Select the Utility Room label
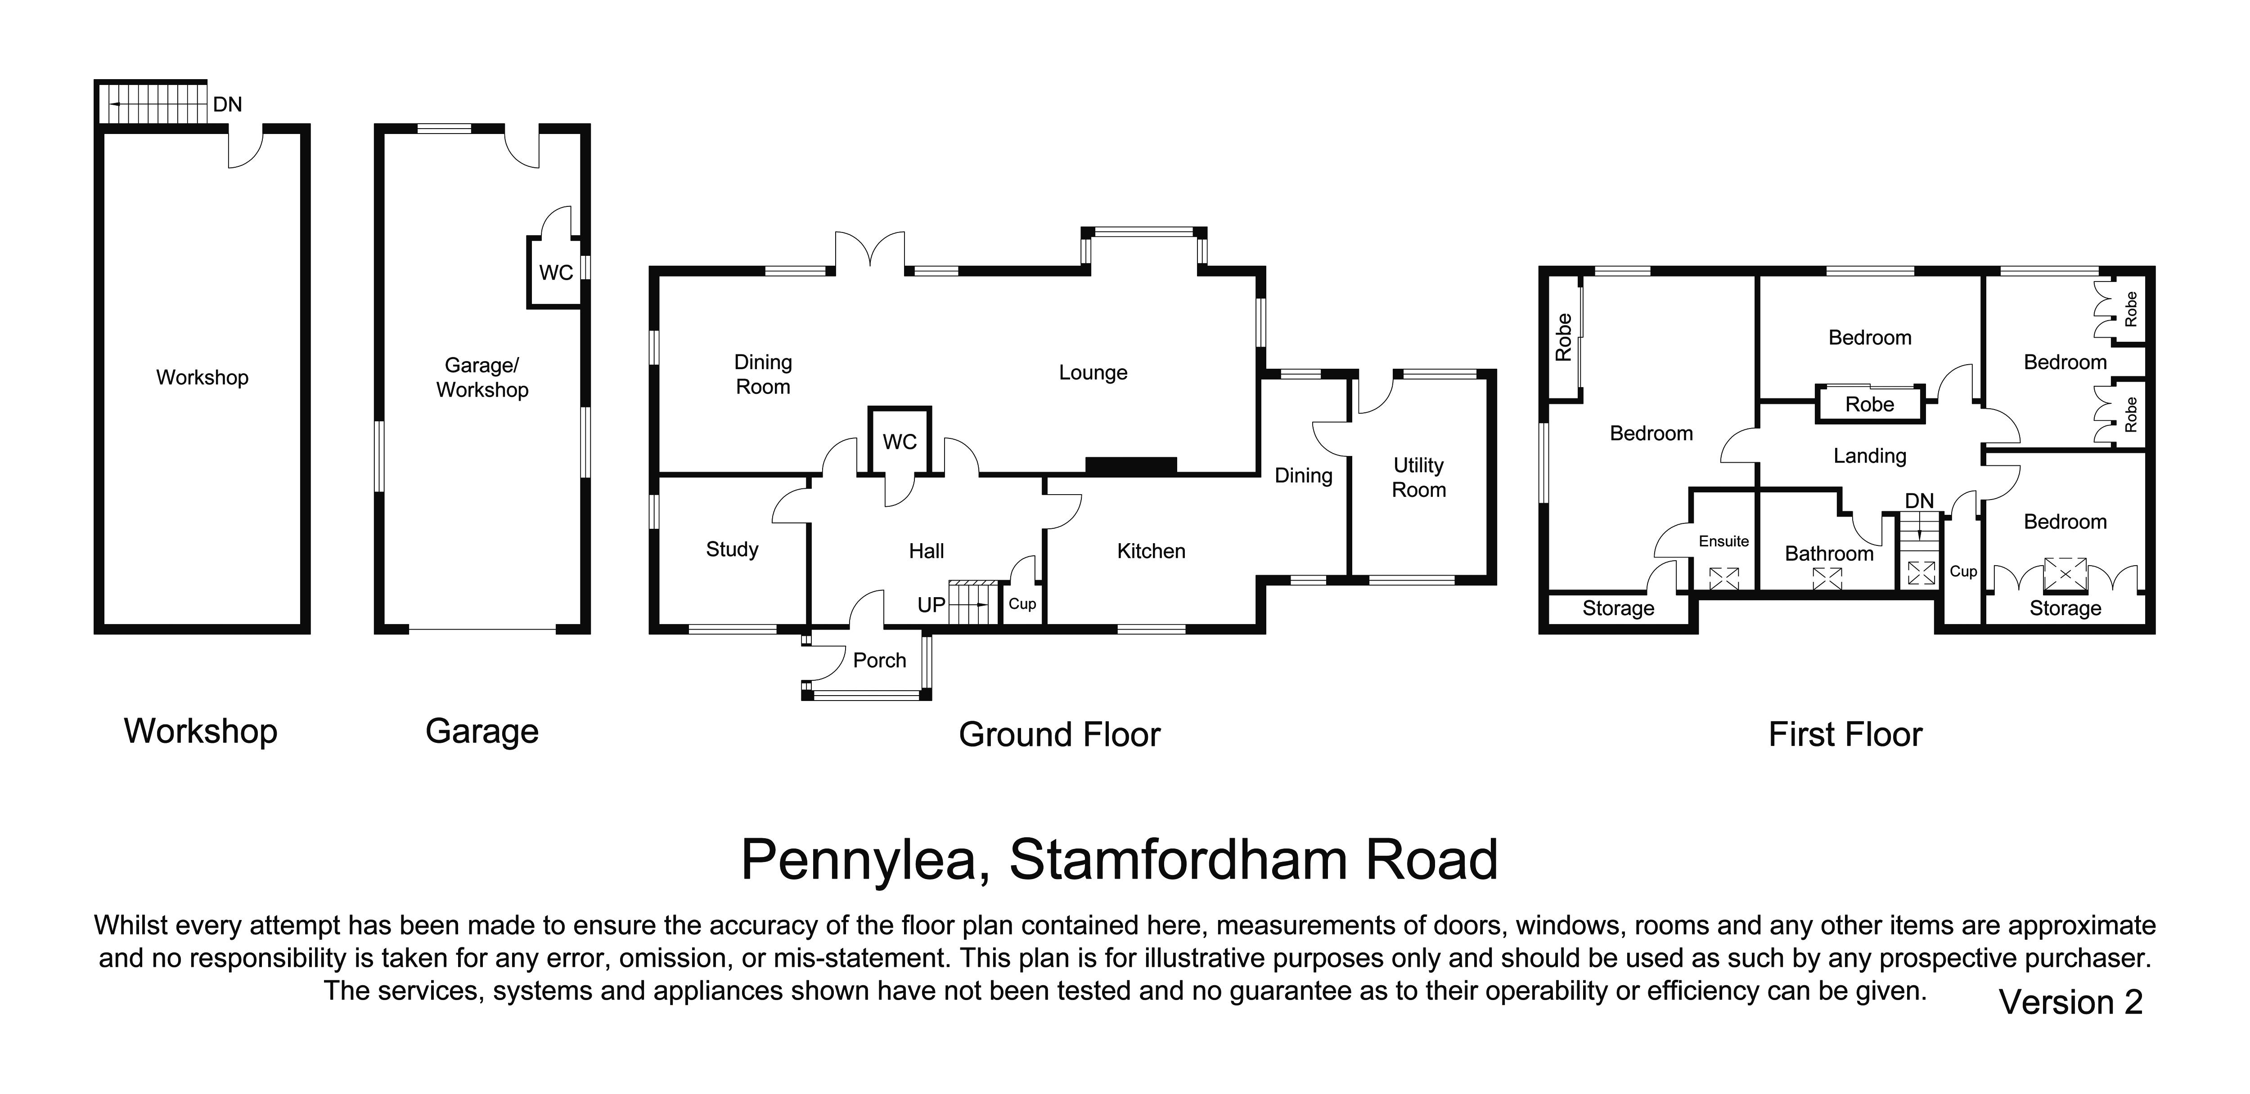tap(1418, 478)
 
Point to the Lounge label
tap(1093, 373)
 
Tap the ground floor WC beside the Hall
tap(900, 442)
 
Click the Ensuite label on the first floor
tap(1723, 541)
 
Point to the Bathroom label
tap(1829, 554)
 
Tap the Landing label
tap(1869, 456)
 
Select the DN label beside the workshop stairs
tap(227, 105)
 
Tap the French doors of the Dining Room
tap(870, 251)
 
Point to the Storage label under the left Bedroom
tap(1618, 608)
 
